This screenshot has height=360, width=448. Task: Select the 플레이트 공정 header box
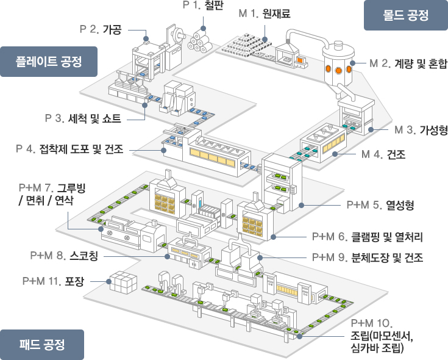[x=49, y=62]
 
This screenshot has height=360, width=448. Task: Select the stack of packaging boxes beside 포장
[x=121, y=283]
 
